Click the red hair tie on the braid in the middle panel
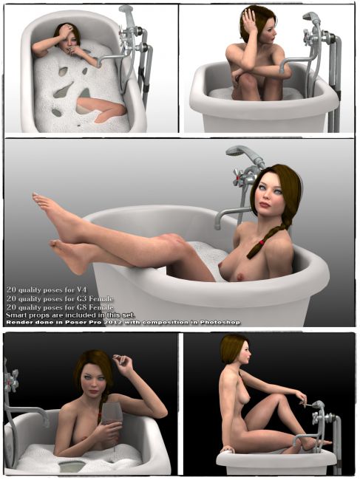click(262, 242)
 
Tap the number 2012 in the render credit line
click(127, 322)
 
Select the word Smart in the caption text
click(14, 315)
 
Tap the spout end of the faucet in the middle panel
click(217, 224)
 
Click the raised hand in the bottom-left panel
click(123, 364)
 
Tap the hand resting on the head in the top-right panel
click(251, 21)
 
